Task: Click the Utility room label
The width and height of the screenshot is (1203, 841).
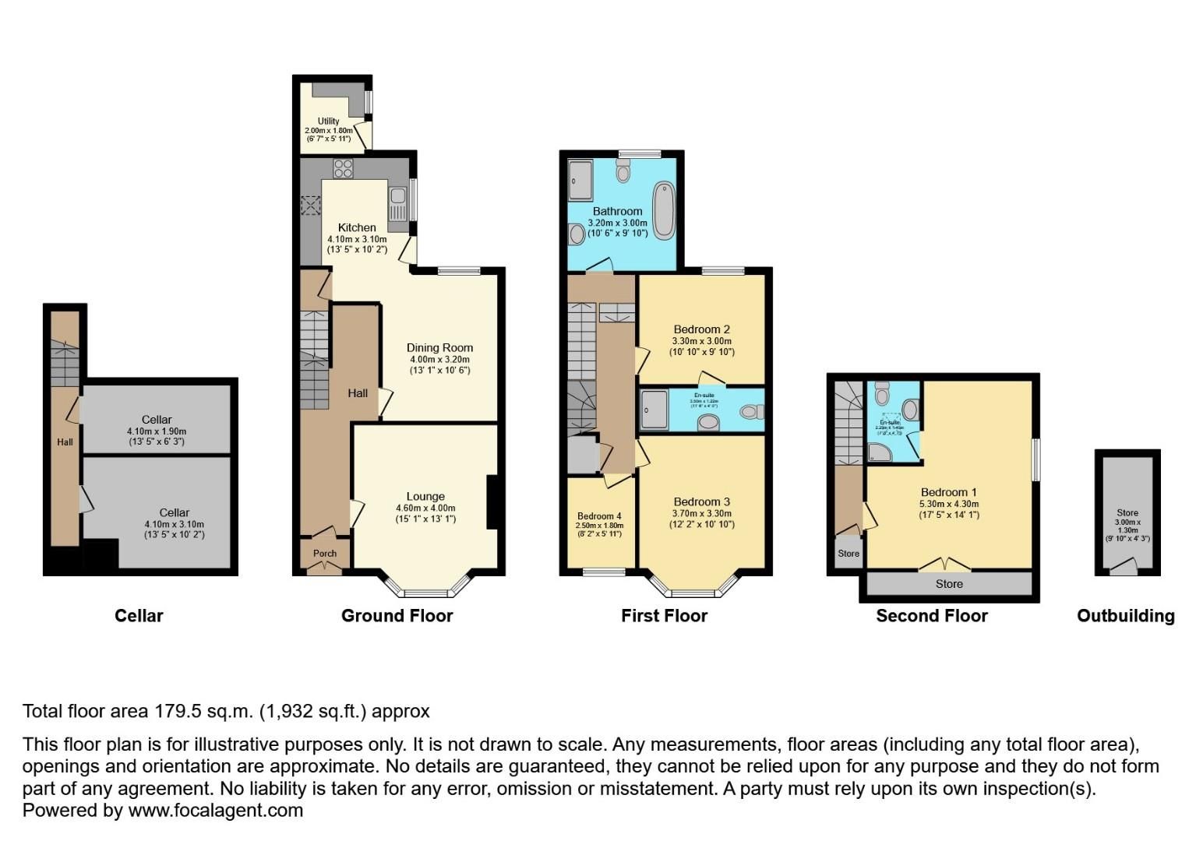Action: click(328, 121)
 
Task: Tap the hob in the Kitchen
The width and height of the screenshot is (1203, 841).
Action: click(343, 167)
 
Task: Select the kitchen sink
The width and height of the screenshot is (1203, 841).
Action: click(397, 205)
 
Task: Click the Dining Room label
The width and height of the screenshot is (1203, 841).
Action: click(439, 347)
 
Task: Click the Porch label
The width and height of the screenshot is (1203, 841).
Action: click(325, 554)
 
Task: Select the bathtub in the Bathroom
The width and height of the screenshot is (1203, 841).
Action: click(664, 209)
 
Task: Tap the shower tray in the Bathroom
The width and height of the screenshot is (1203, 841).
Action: click(580, 180)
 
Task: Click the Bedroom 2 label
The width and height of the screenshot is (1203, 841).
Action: click(701, 329)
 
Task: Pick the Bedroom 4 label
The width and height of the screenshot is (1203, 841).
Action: click(599, 516)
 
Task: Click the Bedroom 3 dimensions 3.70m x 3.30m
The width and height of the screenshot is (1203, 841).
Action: click(702, 513)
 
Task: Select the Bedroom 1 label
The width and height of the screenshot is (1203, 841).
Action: click(948, 492)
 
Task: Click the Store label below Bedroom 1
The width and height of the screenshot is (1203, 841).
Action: click(949, 583)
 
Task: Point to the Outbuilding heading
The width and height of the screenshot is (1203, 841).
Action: click(1125, 616)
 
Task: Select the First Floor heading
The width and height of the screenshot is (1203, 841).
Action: click(664, 616)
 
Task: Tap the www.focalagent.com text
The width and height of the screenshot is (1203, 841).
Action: click(215, 810)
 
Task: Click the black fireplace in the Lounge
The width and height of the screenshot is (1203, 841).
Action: click(492, 502)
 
